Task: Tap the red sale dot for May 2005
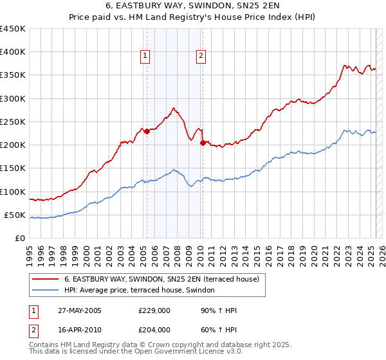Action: click(147, 131)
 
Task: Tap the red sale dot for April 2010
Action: click(202, 143)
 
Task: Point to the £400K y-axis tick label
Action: click(13, 52)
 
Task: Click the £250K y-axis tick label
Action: click(13, 122)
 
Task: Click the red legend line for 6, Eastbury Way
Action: click(46, 279)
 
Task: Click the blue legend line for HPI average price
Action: click(46, 291)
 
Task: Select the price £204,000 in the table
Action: click(154, 329)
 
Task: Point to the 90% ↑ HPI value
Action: click(219, 311)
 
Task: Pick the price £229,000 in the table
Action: click(154, 311)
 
